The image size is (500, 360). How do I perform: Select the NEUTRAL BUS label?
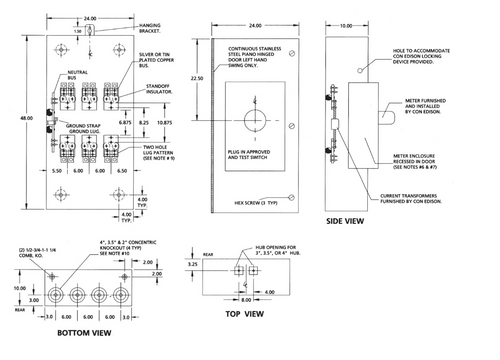tap(52, 76)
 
